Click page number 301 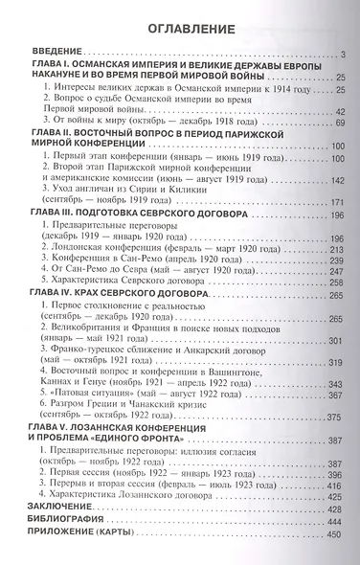(338, 288)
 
